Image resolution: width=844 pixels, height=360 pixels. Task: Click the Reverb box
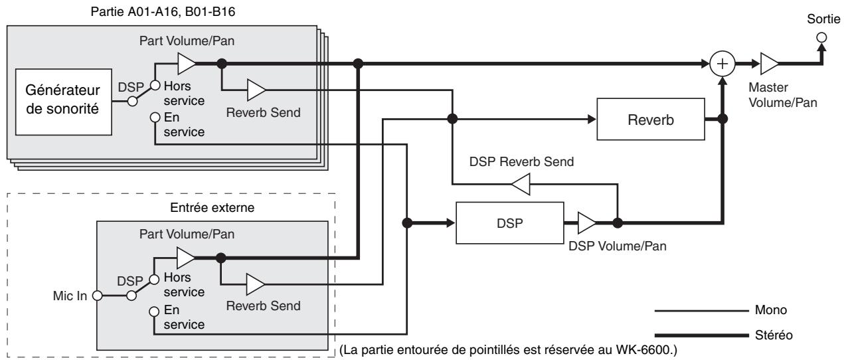point(651,120)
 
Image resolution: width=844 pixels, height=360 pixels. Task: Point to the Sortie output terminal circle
point(822,37)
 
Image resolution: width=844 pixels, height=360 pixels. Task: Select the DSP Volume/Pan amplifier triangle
point(586,223)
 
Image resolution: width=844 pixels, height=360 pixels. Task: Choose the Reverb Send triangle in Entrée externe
point(256,284)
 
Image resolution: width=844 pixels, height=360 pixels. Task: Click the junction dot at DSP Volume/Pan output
point(618,223)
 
